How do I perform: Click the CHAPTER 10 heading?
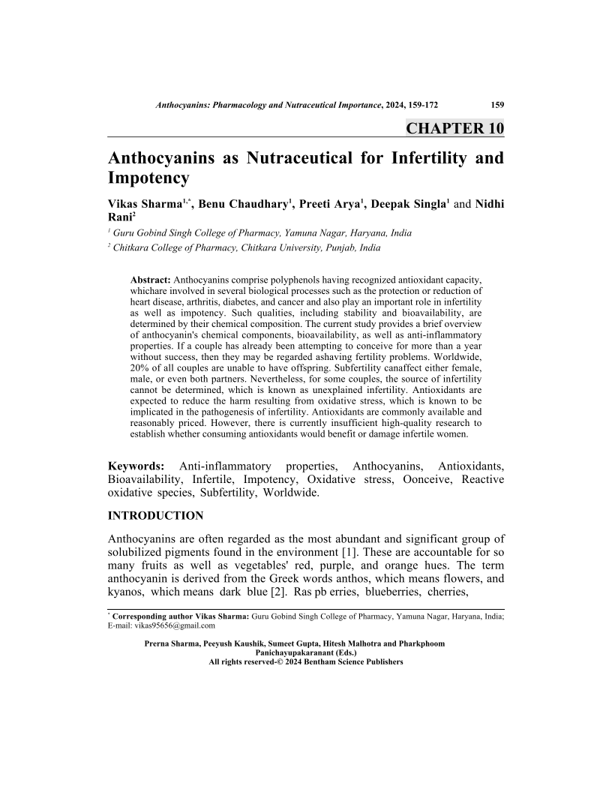(454, 127)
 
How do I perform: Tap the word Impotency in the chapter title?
(149, 178)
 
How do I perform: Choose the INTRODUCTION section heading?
(156, 516)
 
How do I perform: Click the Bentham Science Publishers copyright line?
(306, 662)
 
